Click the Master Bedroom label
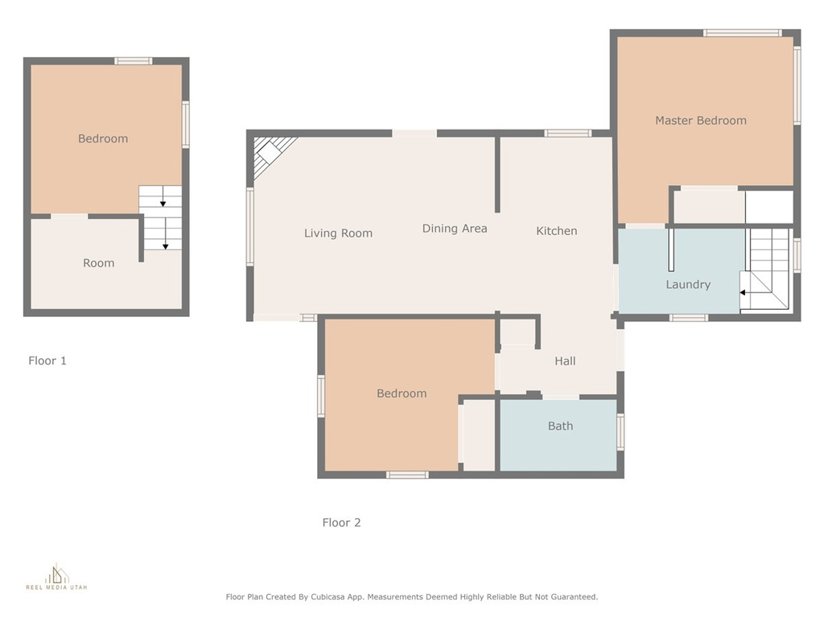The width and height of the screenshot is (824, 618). [x=701, y=121]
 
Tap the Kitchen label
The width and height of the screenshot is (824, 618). [x=557, y=231]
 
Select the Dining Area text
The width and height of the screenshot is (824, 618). [x=455, y=229]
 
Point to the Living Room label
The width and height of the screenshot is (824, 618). [x=338, y=233]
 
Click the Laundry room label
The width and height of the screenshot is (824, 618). [x=688, y=285]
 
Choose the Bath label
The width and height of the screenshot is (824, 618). [x=560, y=426]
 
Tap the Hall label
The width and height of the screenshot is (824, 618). [x=565, y=361]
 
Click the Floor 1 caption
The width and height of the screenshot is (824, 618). [x=47, y=360]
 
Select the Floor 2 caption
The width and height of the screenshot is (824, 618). [x=341, y=522]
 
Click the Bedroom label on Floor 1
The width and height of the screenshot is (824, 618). [x=103, y=138]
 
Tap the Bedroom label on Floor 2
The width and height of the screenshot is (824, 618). [x=402, y=393]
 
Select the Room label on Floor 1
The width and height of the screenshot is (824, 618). [x=99, y=263]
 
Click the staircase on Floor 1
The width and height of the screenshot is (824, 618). [x=160, y=217]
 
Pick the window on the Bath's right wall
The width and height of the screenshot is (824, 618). [x=620, y=432]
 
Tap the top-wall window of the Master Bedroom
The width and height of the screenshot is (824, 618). [x=742, y=33]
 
